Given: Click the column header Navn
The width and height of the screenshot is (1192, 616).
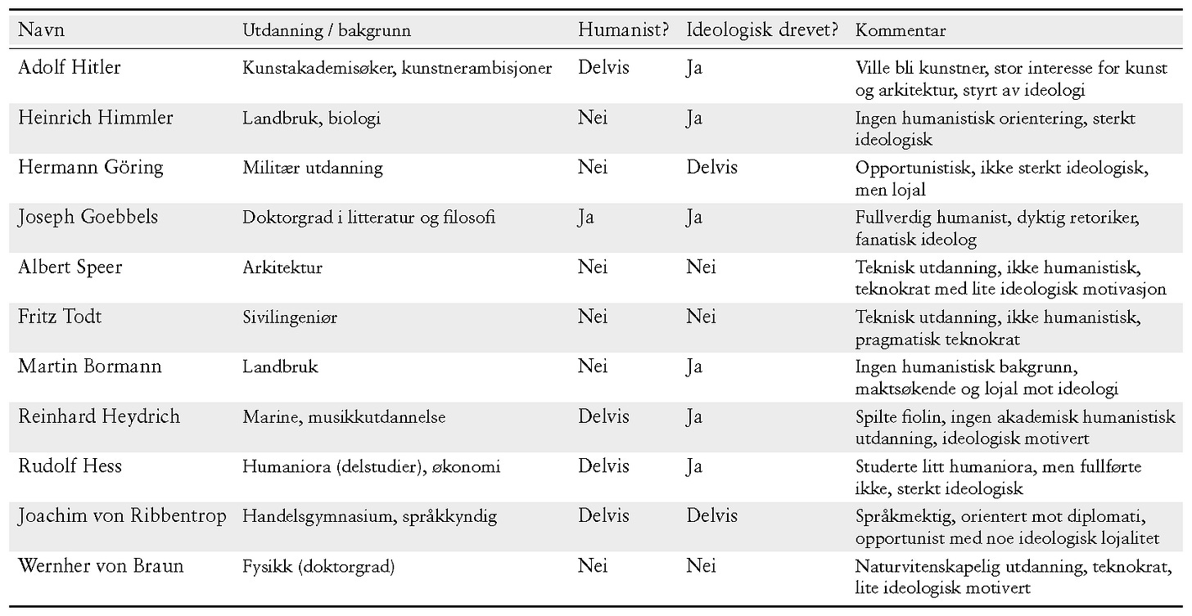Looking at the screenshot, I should pyautogui.click(x=41, y=31).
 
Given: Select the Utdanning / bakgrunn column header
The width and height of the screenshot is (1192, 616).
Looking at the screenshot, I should pyautogui.click(x=327, y=31).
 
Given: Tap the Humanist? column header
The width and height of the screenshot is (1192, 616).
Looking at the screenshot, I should pyautogui.click(x=624, y=31).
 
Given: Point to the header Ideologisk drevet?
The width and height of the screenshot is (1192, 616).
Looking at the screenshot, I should pyautogui.click(x=762, y=31).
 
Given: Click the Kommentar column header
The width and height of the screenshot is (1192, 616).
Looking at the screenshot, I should pyautogui.click(x=901, y=31).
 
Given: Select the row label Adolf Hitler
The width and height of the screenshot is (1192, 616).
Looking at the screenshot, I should pyautogui.click(x=70, y=68).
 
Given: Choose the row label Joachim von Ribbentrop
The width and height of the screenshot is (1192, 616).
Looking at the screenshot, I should pyautogui.click(x=122, y=516).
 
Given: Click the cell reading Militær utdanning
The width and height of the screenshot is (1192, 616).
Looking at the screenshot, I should pyautogui.click(x=313, y=169).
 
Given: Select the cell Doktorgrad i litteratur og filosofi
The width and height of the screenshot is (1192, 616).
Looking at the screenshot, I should pyautogui.click(x=368, y=218).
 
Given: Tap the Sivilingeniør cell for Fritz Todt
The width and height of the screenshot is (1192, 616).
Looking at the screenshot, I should pyautogui.click(x=290, y=317).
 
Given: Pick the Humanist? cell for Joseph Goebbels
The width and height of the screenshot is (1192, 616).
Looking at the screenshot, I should pyautogui.click(x=586, y=218).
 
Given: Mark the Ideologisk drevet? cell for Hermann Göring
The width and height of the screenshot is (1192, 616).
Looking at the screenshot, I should pyautogui.click(x=711, y=169).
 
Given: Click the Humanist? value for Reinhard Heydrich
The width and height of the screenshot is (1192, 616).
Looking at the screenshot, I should pyautogui.click(x=603, y=417).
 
